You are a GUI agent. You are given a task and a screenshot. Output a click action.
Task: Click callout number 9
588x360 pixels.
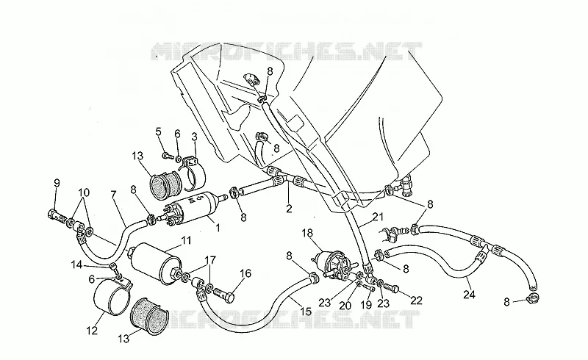click(57, 183)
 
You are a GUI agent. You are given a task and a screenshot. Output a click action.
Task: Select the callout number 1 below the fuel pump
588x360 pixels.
click(218, 227)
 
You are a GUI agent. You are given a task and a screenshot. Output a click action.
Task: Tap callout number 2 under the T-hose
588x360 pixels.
click(289, 209)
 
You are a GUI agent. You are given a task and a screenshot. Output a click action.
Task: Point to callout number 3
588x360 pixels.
click(194, 137)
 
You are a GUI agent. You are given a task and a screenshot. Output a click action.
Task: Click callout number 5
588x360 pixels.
click(158, 132)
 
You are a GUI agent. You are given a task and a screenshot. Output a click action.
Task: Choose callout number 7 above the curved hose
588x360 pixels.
click(114, 194)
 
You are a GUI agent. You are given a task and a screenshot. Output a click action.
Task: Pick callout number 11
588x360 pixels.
click(186, 240)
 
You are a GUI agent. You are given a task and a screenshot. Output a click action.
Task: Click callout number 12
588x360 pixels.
click(92, 331)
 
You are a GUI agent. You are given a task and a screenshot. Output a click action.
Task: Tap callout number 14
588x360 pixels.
click(76, 264)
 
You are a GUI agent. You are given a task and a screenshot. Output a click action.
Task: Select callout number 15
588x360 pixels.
click(306, 312)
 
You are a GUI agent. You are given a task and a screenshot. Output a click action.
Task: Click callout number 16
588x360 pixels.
click(245, 273)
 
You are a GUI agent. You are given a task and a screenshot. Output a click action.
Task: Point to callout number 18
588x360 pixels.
click(307, 233)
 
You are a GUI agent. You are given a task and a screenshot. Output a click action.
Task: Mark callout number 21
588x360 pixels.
click(379, 217)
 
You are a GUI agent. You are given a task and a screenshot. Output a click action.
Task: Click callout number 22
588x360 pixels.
click(416, 300)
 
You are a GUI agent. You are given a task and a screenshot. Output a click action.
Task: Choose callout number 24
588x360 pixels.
click(469, 295)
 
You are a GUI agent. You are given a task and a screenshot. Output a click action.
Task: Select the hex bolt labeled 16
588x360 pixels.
click(223, 298)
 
